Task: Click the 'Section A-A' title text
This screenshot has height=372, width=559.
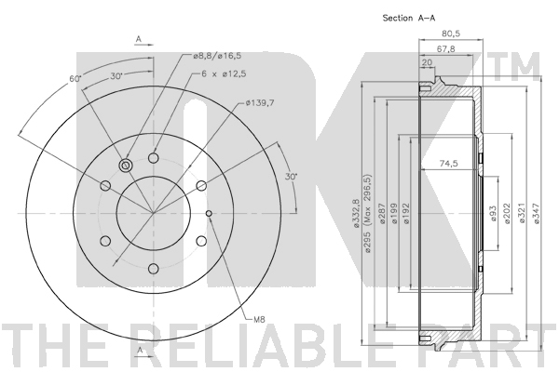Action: (x=409, y=18)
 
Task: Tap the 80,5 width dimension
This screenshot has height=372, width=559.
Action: (x=451, y=33)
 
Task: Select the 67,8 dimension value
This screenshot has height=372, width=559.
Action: (x=445, y=49)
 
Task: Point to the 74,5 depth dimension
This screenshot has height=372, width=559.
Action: (x=448, y=164)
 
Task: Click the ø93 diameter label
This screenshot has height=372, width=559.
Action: (x=494, y=213)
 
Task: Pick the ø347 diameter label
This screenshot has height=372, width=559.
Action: (x=537, y=213)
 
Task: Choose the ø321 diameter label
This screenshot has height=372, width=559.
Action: (x=522, y=213)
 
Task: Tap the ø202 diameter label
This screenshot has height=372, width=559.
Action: (x=508, y=213)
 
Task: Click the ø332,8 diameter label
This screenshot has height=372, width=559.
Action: (x=356, y=213)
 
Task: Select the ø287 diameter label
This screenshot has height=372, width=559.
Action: (x=383, y=213)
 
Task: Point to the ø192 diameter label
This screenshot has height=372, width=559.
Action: (x=406, y=213)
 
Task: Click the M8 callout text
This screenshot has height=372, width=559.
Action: (x=259, y=320)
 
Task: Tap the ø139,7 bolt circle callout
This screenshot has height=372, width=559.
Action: (x=260, y=103)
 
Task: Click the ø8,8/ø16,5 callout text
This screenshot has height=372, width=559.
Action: (x=217, y=56)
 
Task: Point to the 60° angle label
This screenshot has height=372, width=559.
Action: (x=75, y=79)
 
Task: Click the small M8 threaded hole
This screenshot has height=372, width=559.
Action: (x=209, y=213)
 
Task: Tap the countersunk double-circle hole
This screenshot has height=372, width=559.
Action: (x=126, y=166)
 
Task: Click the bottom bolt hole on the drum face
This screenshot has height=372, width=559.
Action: (x=154, y=269)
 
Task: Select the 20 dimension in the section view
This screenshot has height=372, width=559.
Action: (x=427, y=62)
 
